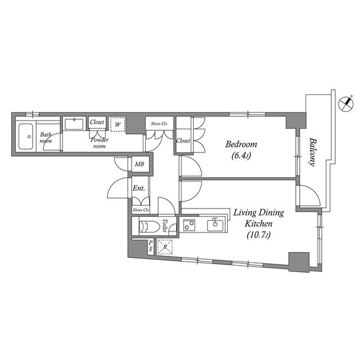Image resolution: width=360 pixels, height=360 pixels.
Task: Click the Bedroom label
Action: (241, 145)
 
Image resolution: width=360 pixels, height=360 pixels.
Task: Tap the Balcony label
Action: (312, 151)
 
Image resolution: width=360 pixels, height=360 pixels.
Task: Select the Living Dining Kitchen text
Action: (259, 218)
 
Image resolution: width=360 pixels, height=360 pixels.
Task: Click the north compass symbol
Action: (346, 103)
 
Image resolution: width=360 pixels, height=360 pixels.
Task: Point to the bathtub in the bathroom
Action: (26, 136)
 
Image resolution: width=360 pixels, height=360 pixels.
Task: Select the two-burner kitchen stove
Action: (189, 225)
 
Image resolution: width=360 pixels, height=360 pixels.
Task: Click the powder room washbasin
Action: (74, 124)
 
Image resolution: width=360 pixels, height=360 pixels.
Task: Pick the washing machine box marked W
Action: (118, 124)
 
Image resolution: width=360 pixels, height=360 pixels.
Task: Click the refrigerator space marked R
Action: (165, 247)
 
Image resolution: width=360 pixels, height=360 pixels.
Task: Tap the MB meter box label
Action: (139, 164)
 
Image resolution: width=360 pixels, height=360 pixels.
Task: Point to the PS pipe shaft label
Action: (150, 246)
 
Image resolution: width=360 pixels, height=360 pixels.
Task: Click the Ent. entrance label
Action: (139, 188)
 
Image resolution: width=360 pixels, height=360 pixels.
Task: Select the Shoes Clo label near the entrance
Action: (141, 210)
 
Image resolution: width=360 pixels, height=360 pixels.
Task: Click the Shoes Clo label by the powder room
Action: (159, 124)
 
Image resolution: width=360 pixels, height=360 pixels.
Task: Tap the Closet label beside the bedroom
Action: (183, 140)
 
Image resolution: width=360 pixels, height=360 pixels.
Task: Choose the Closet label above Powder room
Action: (97, 122)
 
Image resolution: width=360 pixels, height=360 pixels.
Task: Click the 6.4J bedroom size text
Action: (241, 156)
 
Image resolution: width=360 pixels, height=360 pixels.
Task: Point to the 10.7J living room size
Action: (259, 235)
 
